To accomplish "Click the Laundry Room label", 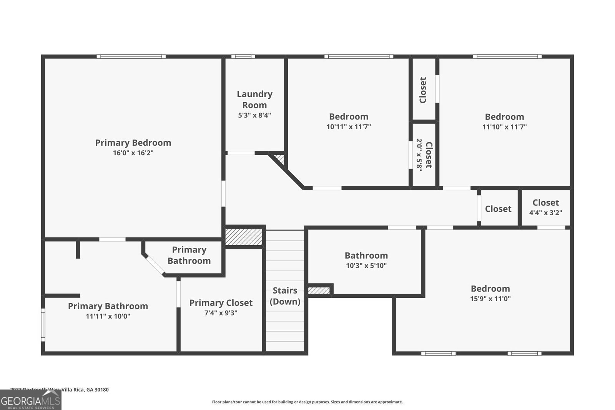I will pos(254,100).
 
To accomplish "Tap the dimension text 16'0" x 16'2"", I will pos(133,153).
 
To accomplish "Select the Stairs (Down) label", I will pos(285,296).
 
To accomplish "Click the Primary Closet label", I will pos(221,303).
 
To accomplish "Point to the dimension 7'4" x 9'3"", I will pos(221,313).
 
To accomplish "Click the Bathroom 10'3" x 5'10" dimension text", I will pos(366,266).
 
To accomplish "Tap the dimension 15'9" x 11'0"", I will pos(490,299).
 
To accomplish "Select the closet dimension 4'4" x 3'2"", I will pos(545,212).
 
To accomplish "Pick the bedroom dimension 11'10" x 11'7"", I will pos(504,127).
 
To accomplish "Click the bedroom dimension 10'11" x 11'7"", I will pos(349,127).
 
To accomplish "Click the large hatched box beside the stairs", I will pos(244,237).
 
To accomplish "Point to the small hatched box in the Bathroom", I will pos(319,290).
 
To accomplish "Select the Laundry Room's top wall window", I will pos(243,56).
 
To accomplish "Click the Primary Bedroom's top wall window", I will pos(131,56).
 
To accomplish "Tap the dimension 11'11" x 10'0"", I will pos(108,316).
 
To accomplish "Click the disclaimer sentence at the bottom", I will pos(307,402).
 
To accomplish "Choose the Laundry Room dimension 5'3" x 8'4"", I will pos(254,115).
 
